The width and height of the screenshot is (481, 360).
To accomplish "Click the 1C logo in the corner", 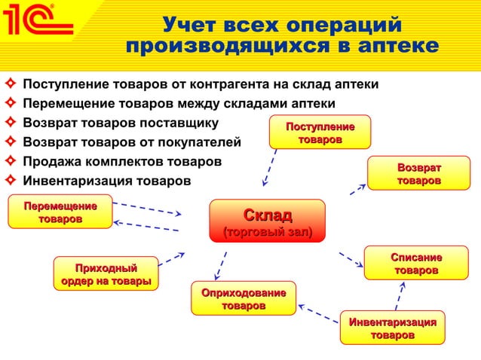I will click(38, 24).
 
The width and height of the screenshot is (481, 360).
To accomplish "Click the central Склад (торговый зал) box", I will click(267, 221).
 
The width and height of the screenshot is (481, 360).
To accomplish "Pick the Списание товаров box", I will click(416, 263).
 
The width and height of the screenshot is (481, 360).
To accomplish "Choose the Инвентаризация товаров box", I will click(392, 328).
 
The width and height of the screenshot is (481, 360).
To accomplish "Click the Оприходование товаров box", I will click(243, 298).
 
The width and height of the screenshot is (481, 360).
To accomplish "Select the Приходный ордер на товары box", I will click(106, 274).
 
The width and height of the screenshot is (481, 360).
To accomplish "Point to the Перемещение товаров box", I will click(60, 212).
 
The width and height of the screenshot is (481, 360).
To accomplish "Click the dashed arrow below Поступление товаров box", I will click(270, 166).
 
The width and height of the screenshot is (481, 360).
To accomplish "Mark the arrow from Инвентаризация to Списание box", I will click(400, 295).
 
